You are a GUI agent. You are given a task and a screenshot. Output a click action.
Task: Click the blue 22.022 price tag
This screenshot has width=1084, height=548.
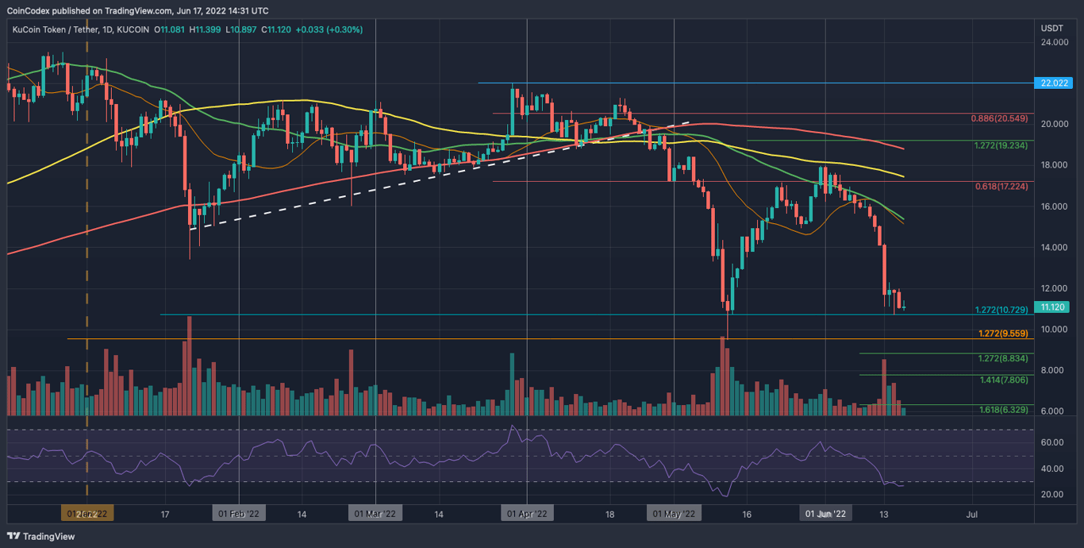click(x=1056, y=83)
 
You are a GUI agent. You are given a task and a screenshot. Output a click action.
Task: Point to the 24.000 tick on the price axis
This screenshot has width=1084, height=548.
click(x=1055, y=42)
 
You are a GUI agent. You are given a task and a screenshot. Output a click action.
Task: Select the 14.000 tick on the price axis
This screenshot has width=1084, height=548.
click(x=1055, y=248)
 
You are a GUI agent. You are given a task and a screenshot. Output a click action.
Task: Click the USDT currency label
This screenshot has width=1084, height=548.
click(x=1052, y=29)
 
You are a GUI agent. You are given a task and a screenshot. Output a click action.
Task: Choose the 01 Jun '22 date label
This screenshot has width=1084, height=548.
click(x=825, y=514)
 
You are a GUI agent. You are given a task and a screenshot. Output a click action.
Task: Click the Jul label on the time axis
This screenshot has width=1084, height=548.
click(x=971, y=514)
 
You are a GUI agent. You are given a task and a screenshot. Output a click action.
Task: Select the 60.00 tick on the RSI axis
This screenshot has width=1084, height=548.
click(x=1052, y=442)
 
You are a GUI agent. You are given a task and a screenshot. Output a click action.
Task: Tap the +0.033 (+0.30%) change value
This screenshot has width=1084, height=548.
click(x=329, y=29)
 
